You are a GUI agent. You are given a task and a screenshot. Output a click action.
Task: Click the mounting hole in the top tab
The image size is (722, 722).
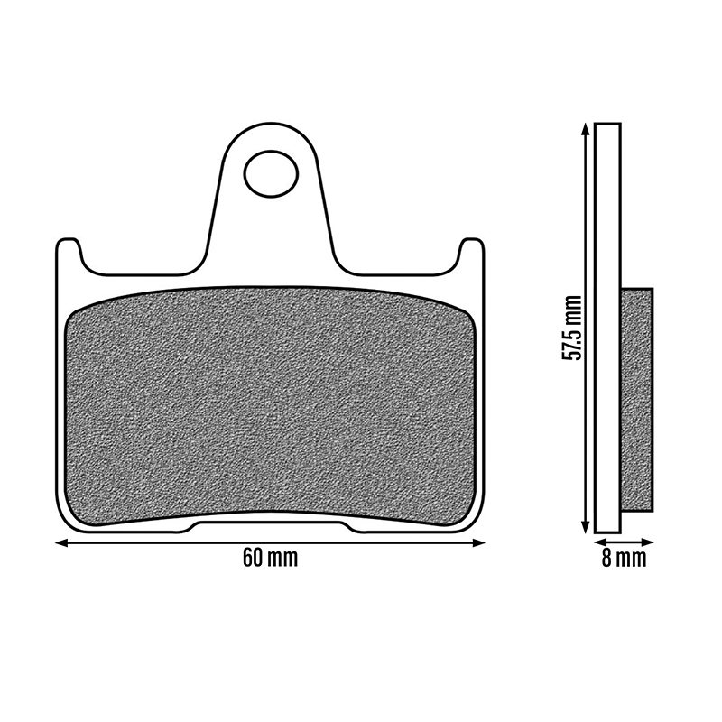coord(272,174)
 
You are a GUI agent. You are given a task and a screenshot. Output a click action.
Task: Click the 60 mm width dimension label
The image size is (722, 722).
coord(270,558)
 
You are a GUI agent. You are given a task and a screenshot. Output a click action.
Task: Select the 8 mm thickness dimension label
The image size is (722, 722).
coord(624,558)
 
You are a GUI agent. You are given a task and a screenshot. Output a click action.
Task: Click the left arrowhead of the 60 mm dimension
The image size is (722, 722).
coord(60,543)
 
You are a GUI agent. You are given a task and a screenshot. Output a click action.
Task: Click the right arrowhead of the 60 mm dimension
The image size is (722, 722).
coord(480,543)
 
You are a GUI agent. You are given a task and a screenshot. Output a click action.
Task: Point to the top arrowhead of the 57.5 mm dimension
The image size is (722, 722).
coord(585,129)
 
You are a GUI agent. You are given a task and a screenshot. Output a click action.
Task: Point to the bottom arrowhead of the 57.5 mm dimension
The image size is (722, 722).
coord(585,528)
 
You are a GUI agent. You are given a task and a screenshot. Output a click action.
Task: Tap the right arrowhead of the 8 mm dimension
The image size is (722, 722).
coord(647,542)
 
